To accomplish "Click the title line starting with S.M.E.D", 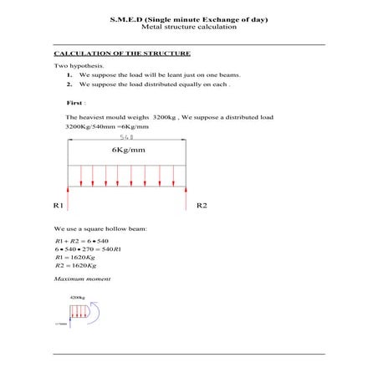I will [188, 18].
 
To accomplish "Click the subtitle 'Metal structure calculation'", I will [188, 27].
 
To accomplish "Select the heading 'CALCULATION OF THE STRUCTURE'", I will [122, 54].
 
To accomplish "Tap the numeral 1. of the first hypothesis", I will [69, 74].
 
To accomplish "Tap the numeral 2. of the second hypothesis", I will [69, 84].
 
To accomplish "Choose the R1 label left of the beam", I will [59, 205].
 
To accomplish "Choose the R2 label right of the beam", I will [202, 205].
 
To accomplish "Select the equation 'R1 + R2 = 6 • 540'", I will [82, 241].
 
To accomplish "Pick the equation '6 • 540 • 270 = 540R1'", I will [88, 249].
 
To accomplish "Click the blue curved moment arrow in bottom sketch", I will [95, 314].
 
